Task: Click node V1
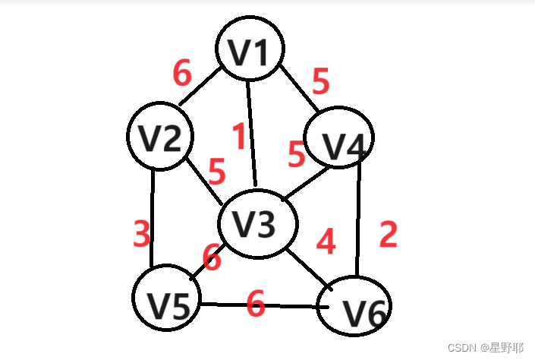click(x=250, y=49)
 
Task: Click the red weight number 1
click(x=239, y=137)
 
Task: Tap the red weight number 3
click(x=142, y=235)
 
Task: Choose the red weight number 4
click(x=326, y=242)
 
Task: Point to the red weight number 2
click(x=388, y=235)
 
